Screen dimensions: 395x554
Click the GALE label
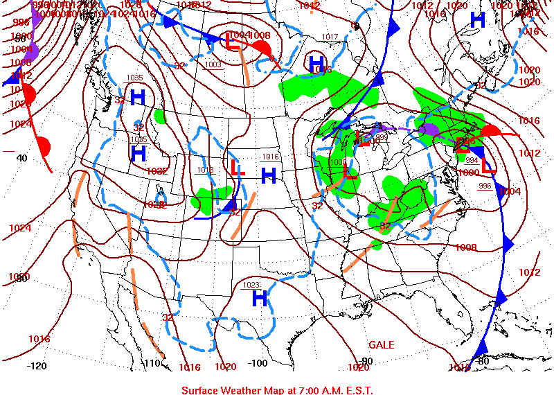[381, 344]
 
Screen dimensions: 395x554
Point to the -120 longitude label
[37, 365]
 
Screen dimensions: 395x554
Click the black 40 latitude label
[22, 158]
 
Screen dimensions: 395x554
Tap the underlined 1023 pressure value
[251, 284]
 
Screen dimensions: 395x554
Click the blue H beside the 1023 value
[260, 299]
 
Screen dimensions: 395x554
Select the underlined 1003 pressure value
[213, 64]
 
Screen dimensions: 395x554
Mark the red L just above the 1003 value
[233, 42]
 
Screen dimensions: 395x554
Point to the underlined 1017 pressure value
[330, 37]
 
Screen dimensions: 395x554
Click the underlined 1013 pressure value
[206, 170]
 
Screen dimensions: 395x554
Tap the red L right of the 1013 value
[236, 167]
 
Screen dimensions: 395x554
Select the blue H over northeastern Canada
[477, 19]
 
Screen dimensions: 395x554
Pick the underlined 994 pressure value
[472, 160]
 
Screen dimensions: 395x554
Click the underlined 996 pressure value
[485, 186]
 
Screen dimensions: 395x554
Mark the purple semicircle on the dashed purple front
[430, 129]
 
